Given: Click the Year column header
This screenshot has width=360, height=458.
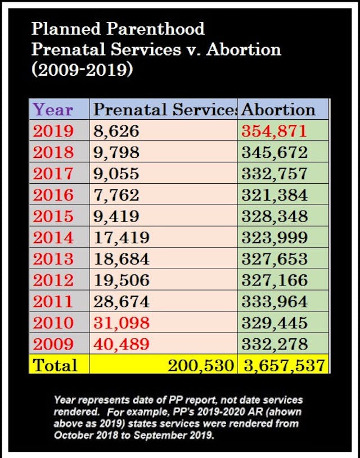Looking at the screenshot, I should pyautogui.click(x=53, y=109).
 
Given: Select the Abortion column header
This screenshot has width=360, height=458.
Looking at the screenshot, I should pyautogui.click(x=278, y=109).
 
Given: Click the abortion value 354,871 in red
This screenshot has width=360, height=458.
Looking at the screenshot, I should pyautogui.click(x=274, y=131).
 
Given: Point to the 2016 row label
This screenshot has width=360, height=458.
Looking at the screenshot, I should pyautogui.click(x=53, y=195).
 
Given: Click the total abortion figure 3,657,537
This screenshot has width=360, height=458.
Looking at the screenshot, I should pyautogui.click(x=284, y=365).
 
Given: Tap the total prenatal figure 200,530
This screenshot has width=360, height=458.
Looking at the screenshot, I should pyautogui.click(x=200, y=365).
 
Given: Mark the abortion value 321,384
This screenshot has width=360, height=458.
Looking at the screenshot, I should pyautogui.click(x=274, y=195).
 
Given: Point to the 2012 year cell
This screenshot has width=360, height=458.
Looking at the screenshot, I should pyautogui.click(x=53, y=280).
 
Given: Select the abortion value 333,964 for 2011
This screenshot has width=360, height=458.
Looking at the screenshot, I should pyautogui.click(x=274, y=301).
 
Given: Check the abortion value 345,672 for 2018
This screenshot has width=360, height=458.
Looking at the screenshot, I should pyautogui.click(x=274, y=152).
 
